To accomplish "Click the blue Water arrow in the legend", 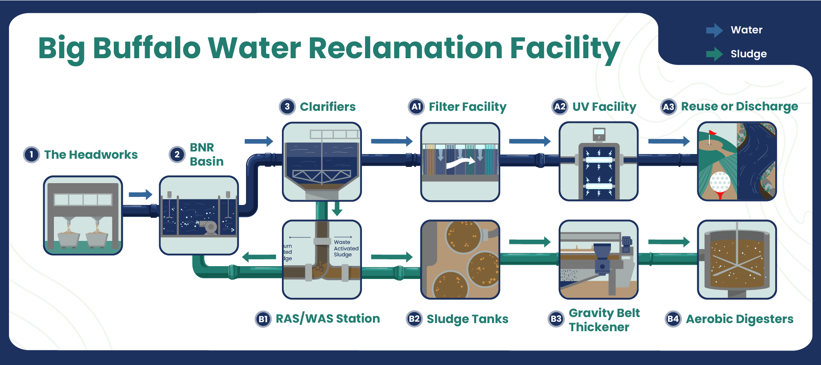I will pyautogui.click(x=714, y=30).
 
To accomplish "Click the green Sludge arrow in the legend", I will pyautogui.click(x=714, y=54).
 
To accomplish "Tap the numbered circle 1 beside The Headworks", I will pyautogui.click(x=31, y=154).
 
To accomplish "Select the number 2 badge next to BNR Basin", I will pyautogui.click(x=177, y=154).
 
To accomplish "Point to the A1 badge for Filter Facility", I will pyautogui.click(x=416, y=107).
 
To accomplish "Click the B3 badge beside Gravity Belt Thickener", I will pyautogui.click(x=556, y=319).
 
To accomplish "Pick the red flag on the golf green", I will pyautogui.click(x=712, y=133).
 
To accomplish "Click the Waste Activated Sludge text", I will pyautogui.click(x=346, y=248).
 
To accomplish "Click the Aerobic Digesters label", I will pyautogui.click(x=739, y=319).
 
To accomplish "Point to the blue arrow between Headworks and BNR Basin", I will pyautogui.click(x=140, y=194).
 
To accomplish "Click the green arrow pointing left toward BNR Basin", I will pyautogui.click(x=259, y=257).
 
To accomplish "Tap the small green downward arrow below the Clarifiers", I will pyautogui.click(x=337, y=208).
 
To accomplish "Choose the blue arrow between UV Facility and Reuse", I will pyautogui.click(x=669, y=141).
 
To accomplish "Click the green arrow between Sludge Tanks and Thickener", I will pyautogui.click(x=530, y=242).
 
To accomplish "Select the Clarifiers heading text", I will pyautogui.click(x=327, y=107).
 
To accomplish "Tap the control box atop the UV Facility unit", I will pyautogui.click(x=599, y=134).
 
